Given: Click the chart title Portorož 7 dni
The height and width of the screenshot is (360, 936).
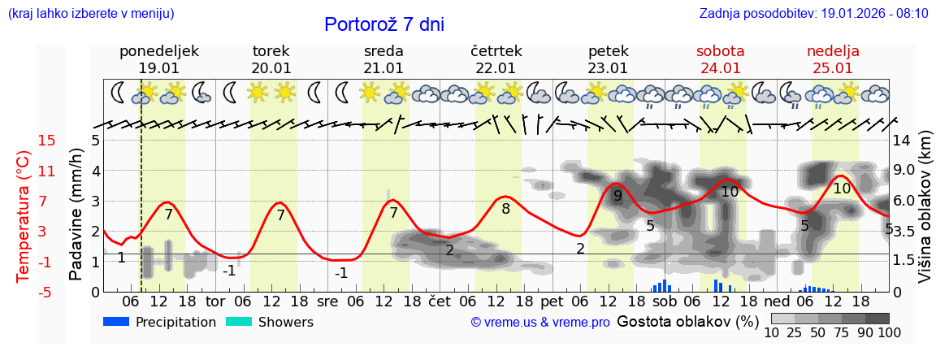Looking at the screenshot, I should pos(384,24).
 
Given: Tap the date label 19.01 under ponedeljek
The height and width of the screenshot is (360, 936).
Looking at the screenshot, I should pos(158,68).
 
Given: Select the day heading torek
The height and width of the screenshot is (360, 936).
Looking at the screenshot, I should pos(271,51).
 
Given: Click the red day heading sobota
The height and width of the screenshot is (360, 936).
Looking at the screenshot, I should pos(720,51).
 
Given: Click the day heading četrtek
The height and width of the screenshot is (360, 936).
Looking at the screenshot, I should pos(496,51).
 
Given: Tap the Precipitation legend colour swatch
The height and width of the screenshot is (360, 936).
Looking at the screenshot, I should pos(117,322).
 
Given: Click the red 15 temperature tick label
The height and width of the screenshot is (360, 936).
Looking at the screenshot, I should pos(46,141).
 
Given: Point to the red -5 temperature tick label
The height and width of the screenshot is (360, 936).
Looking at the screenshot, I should pos(46,292).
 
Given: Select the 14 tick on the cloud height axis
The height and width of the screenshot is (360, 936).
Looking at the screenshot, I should pos(901,141).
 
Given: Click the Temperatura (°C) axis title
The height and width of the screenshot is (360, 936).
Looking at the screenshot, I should pos(24,216).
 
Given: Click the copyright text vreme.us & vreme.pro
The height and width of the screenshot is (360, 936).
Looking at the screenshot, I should pos(540,323).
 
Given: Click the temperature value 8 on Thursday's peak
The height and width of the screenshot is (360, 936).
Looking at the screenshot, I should pos(505,209).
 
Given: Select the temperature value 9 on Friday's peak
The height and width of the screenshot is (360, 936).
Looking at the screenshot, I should pos(617,196).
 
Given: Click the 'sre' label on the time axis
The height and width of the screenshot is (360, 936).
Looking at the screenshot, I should pos(327,301).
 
